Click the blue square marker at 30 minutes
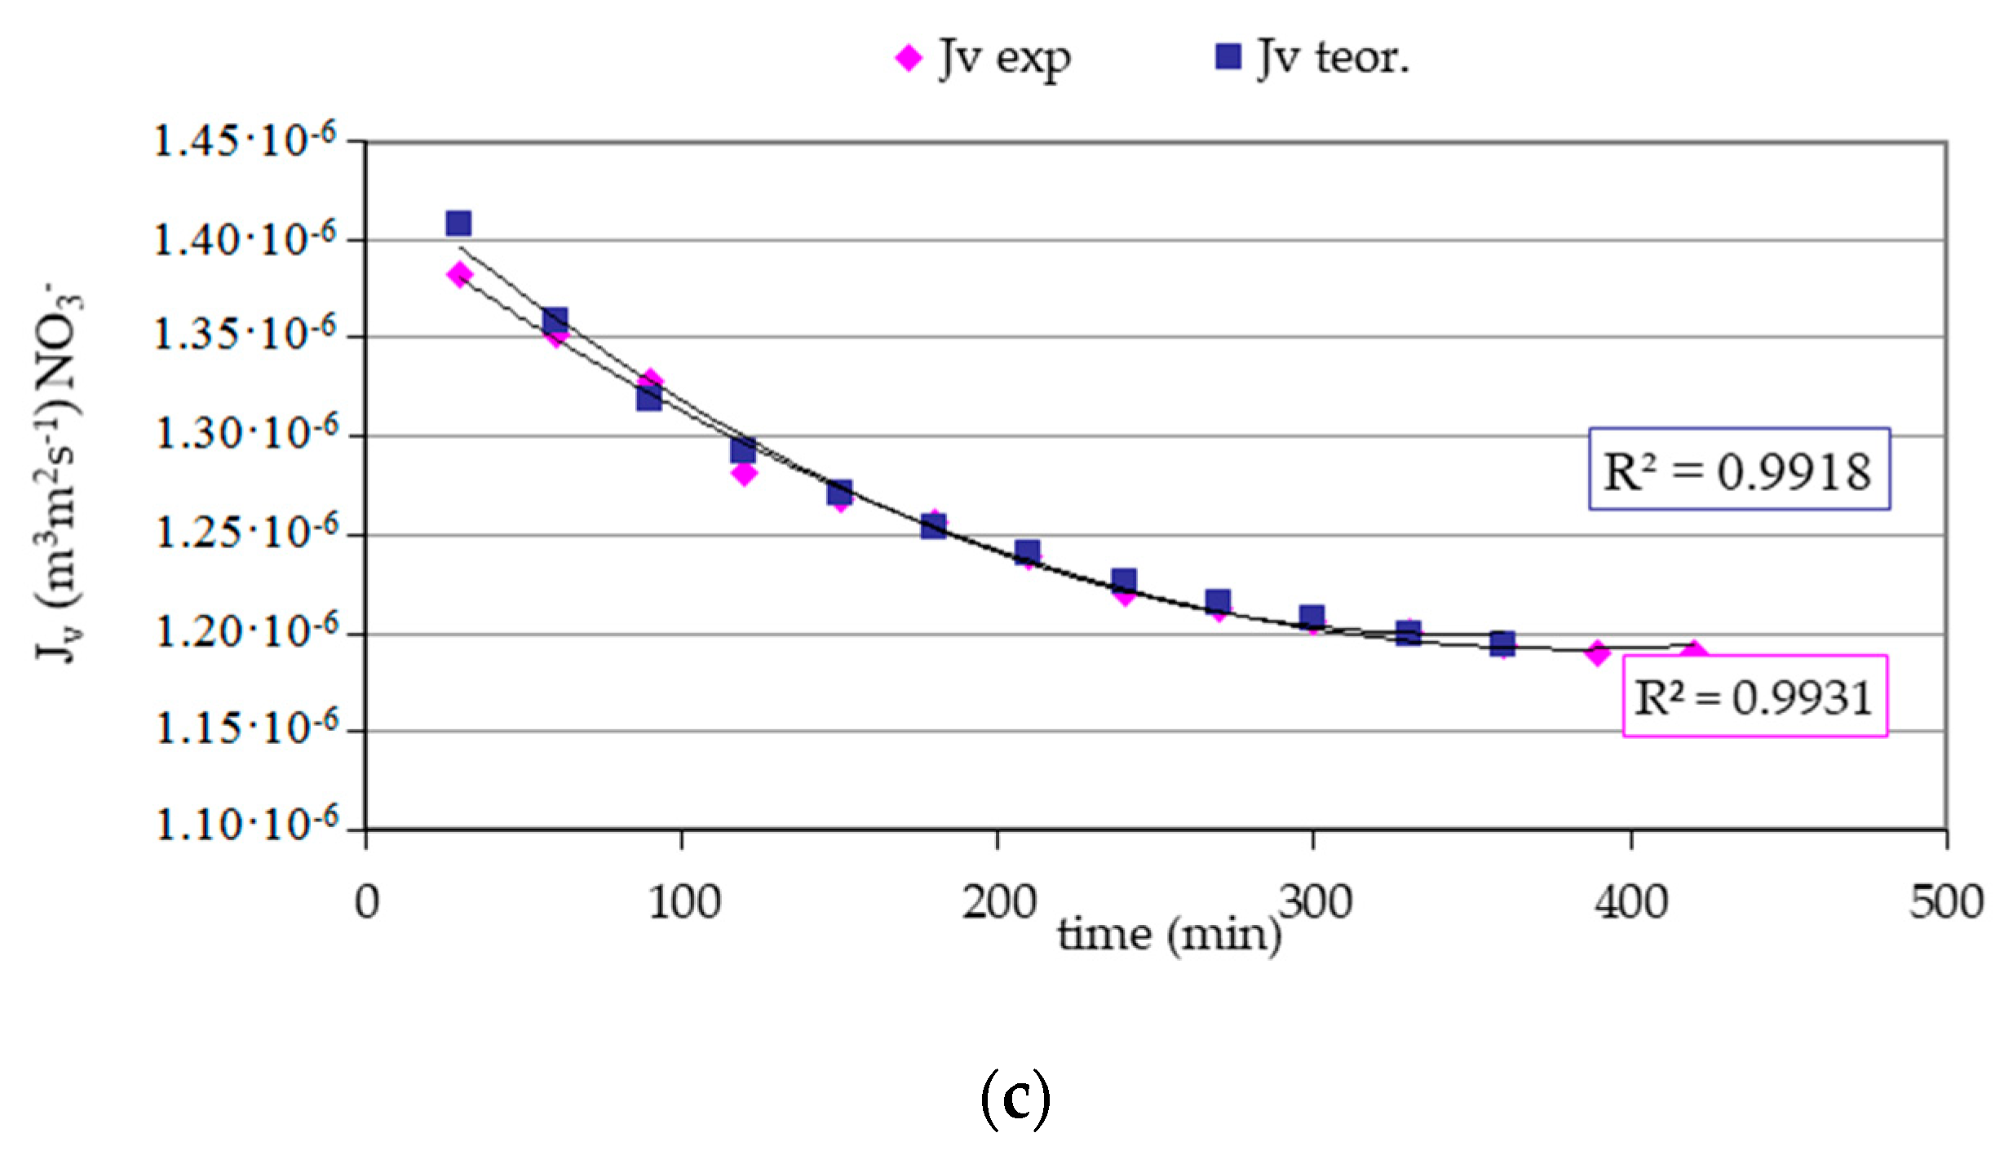point(458,223)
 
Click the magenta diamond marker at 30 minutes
point(459,274)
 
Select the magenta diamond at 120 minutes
point(744,472)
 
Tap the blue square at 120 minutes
point(743,449)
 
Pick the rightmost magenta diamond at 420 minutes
point(1695,652)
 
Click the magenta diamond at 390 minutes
point(1598,653)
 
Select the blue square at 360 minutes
point(1502,643)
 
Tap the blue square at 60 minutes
point(555,320)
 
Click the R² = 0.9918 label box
point(1739,469)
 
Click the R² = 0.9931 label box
point(1755,696)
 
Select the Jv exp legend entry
point(984,58)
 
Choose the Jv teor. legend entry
point(1313,58)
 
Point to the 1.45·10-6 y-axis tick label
point(245,141)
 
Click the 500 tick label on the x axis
point(1946,904)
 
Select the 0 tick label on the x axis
point(367,904)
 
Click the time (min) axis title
point(1170,935)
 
